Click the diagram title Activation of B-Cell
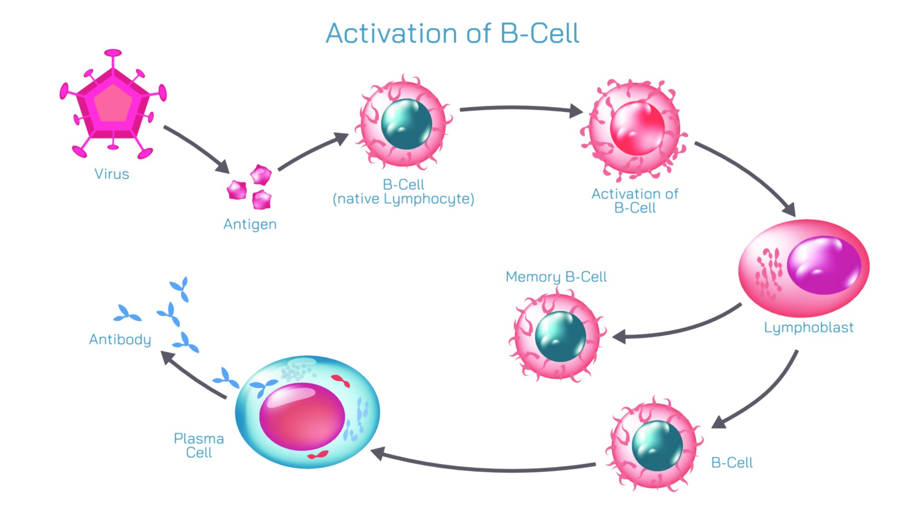tap(452, 34)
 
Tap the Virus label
tap(112, 174)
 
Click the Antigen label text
tap(250, 224)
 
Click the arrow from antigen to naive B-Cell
tap(313, 151)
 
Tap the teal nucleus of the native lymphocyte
tap(406, 124)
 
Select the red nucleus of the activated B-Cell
tap(637, 128)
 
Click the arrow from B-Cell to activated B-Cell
tap(520, 109)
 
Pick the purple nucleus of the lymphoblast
tap(823, 265)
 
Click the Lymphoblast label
tap(809, 328)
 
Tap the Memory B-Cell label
tap(556, 277)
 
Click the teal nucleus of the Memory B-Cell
tap(560, 336)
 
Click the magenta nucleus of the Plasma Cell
tap(302, 417)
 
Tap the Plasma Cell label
tap(199, 446)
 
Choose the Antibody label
tap(120, 340)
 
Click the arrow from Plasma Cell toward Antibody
tap(193, 376)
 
